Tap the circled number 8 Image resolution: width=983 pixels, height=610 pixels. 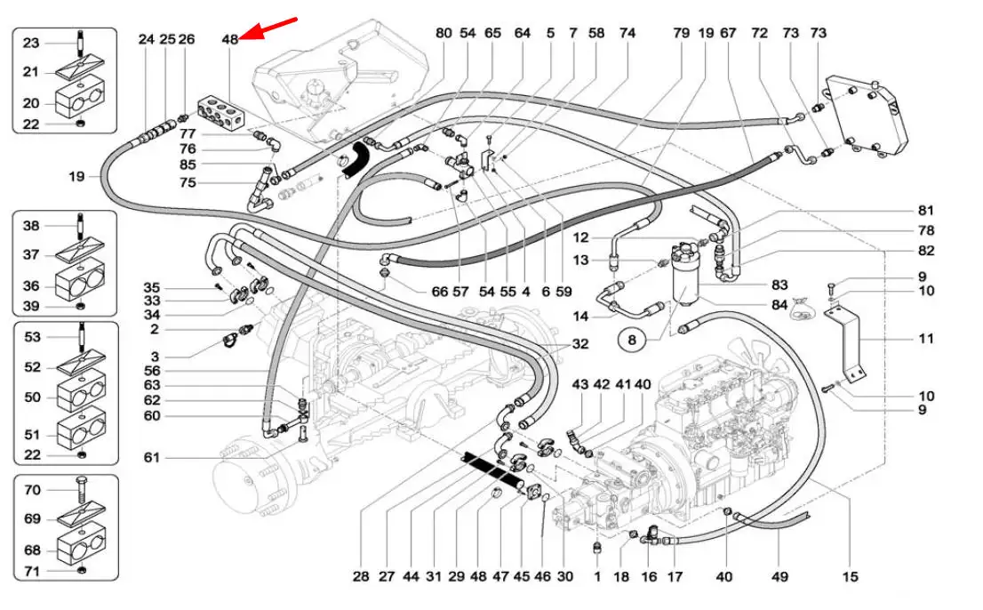point(632,339)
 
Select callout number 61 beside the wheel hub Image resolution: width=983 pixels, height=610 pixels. point(153,458)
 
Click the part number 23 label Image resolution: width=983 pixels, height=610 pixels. point(31,43)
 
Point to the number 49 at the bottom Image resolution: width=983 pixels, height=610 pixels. point(779,576)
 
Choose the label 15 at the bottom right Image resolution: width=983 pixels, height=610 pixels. point(851,576)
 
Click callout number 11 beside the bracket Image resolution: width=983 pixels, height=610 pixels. point(925,339)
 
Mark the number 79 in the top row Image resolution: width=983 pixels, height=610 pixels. point(682,33)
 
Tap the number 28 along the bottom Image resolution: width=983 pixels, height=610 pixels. point(360,576)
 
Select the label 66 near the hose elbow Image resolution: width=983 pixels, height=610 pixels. point(439,292)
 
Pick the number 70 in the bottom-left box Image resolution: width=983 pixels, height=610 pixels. point(32,490)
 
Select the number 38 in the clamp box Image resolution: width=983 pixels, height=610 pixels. point(32,226)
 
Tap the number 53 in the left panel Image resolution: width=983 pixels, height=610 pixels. point(32,337)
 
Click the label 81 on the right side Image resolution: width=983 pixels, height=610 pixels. point(926,212)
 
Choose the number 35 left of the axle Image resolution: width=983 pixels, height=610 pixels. point(152,288)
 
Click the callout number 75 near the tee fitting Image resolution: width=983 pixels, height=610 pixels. point(188,182)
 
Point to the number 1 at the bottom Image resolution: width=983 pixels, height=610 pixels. point(597,576)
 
